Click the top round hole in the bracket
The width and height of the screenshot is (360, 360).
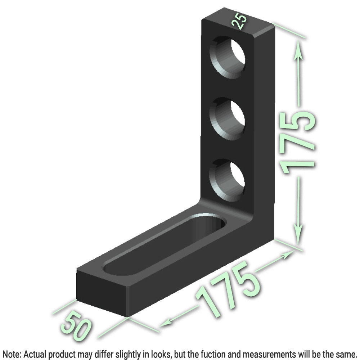[227, 57]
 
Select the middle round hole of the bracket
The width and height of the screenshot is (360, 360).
[227, 119]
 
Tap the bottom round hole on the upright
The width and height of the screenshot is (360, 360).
[226, 180]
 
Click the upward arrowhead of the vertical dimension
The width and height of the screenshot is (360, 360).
[298, 50]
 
